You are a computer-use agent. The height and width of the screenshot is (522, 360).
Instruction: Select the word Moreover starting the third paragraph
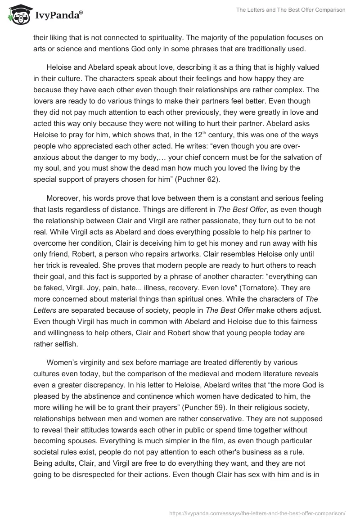click(63, 198)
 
